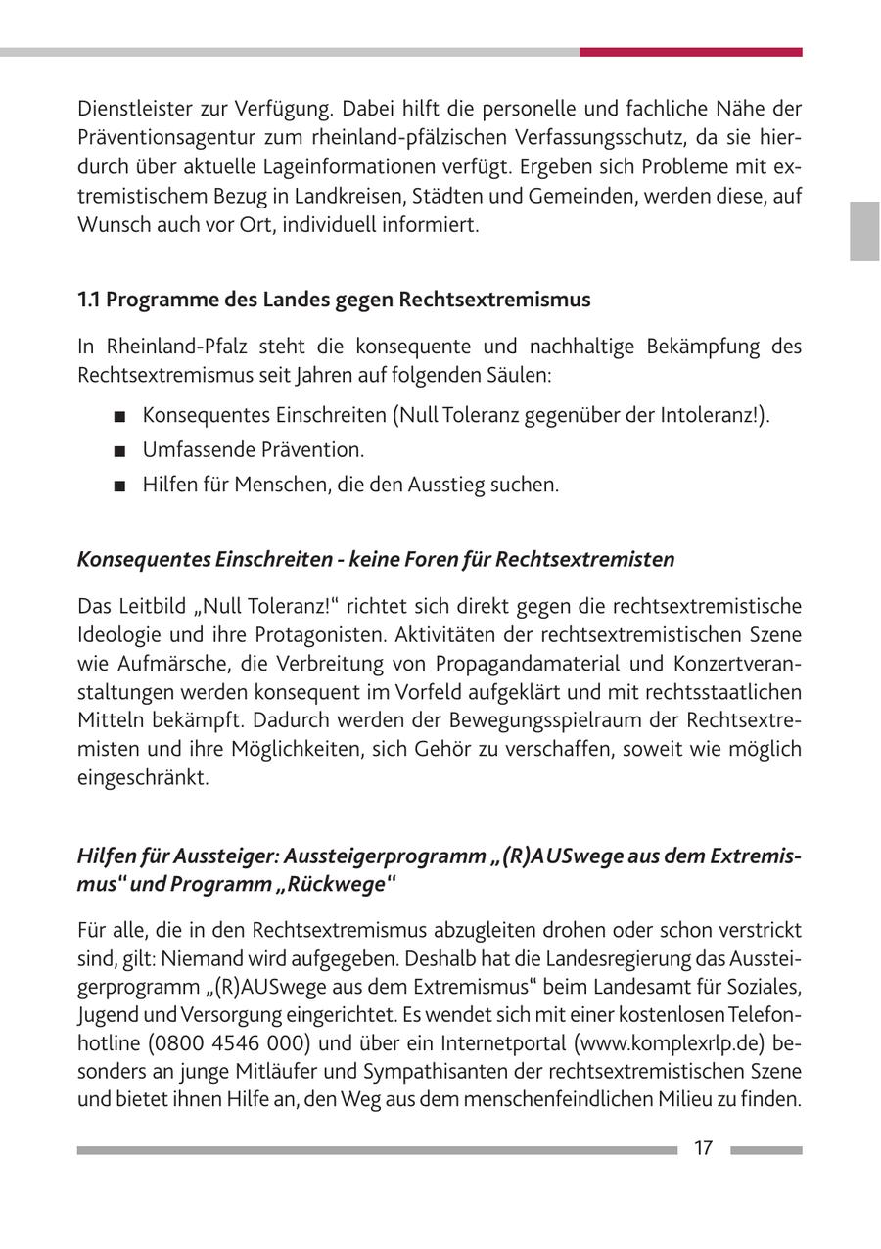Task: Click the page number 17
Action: [x=703, y=1148]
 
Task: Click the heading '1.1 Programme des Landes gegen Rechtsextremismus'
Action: [x=334, y=300]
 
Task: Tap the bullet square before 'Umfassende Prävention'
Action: [x=119, y=451]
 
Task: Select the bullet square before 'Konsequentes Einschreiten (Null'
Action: [x=119, y=416]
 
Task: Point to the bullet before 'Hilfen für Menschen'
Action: [x=119, y=486]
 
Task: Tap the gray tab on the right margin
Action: [x=864, y=231]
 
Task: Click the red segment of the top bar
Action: [x=690, y=52]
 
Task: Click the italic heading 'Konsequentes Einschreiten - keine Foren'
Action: [x=376, y=559]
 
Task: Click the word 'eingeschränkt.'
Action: [x=143, y=778]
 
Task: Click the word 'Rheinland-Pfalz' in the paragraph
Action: [x=171, y=347]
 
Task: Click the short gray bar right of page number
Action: [x=765, y=1150]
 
